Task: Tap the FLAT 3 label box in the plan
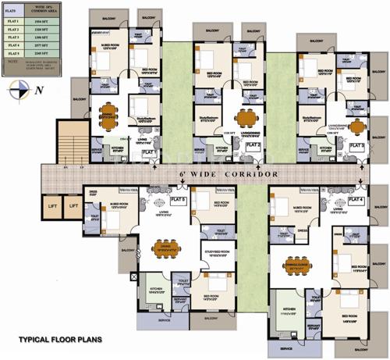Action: click(356, 146)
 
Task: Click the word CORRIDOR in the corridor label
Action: click(250, 173)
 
